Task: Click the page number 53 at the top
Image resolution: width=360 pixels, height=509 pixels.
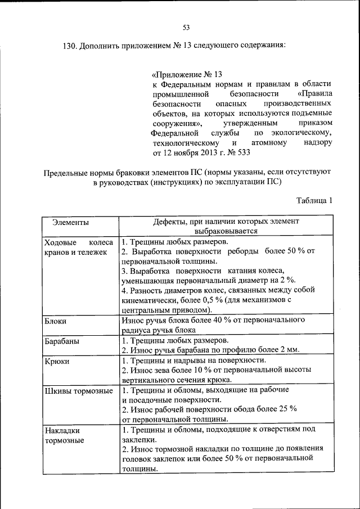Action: pyautogui.click(x=186, y=27)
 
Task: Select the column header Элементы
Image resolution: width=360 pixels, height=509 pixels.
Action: pyautogui.click(x=70, y=222)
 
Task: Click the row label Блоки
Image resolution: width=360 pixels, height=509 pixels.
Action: pyautogui.click(x=55, y=321)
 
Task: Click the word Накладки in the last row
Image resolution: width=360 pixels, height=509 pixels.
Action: pyautogui.click(x=61, y=430)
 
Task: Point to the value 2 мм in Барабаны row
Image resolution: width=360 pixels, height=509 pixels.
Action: pyautogui.click(x=290, y=350)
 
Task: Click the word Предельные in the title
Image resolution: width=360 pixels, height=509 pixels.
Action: pyautogui.click(x=70, y=172)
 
